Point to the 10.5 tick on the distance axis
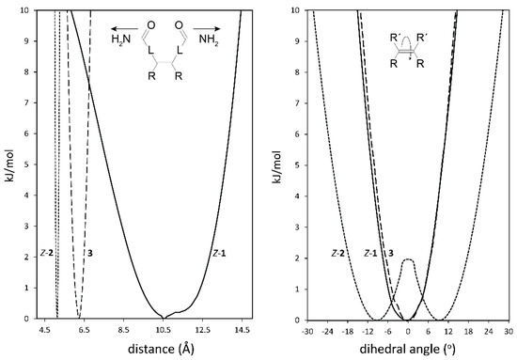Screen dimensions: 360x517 coord(163,329)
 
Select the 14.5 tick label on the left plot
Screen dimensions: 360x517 coord(243,329)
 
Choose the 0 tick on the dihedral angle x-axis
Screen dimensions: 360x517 coord(408,329)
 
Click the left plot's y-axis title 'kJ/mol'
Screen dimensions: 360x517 coord(8,164)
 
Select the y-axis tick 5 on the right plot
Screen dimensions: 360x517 coord(287,164)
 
